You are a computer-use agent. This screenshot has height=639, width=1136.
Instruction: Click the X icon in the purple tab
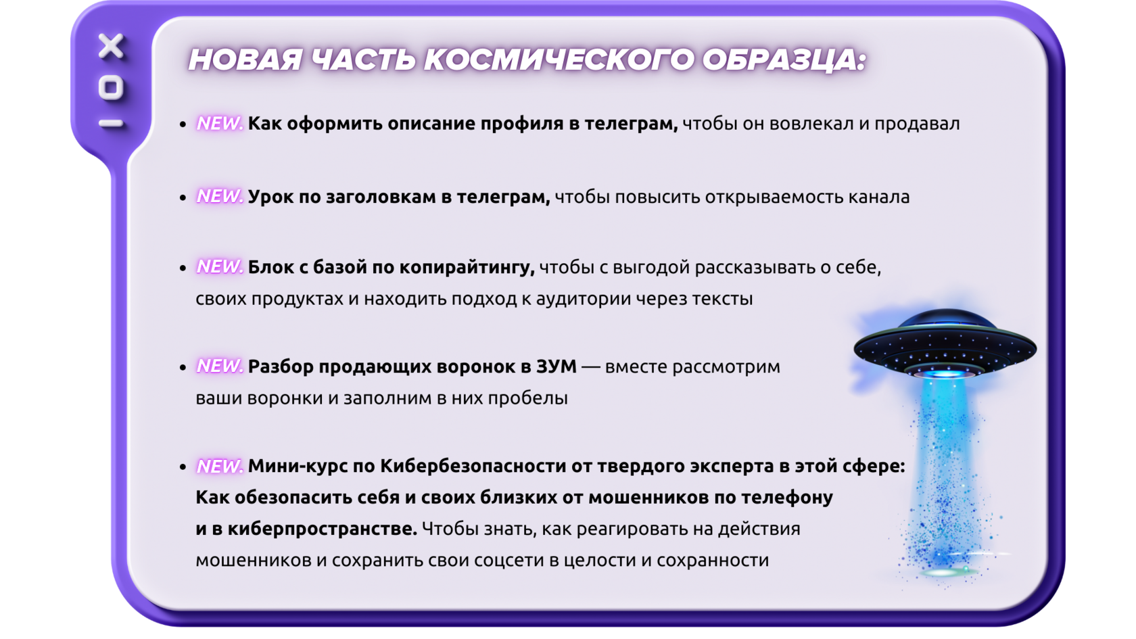coord(111,46)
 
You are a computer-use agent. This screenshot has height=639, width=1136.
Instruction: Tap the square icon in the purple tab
coord(111,88)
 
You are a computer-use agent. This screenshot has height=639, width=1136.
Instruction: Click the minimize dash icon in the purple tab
coord(111,123)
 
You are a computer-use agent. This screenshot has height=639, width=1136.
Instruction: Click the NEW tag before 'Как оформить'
coord(220,123)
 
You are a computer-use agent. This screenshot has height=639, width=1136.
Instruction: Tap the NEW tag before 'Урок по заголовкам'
coord(220,196)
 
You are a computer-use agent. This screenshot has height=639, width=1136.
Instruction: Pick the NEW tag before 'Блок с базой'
coord(220,266)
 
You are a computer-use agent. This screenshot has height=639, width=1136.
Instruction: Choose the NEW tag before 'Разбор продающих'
coord(220,366)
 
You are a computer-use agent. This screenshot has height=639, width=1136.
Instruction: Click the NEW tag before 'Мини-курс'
coord(220,466)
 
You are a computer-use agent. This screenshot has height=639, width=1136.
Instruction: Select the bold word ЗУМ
coord(557,366)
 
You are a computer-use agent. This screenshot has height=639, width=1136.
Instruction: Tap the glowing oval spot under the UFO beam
coord(947,572)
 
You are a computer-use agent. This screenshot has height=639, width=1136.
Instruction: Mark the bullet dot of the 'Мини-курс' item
coord(183,467)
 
